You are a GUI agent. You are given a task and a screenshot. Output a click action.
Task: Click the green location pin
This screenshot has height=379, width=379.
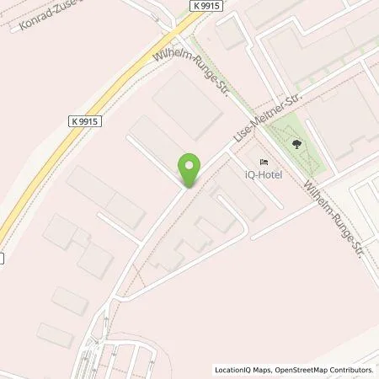[x=189, y=168]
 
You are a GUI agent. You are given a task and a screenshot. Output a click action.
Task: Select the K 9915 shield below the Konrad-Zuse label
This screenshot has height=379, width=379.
[x=84, y=121]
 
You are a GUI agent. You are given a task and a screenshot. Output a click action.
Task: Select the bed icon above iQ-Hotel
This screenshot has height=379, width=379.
[x=264, y=162]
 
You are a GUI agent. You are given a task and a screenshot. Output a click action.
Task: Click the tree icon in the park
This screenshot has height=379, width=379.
[x=296, y=144]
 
